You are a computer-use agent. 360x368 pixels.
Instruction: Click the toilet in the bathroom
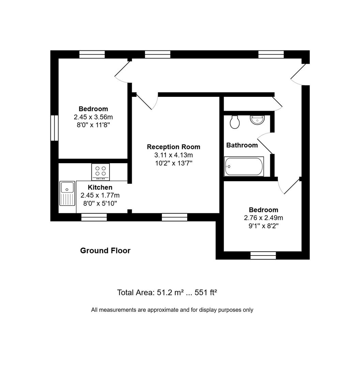point(235,122)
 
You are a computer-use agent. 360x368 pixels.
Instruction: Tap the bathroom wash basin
point(257,120)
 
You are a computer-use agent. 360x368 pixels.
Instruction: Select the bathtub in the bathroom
point(244,167)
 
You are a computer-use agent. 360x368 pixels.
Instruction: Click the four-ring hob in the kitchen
point(101,171)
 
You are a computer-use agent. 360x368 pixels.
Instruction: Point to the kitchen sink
point(67,193)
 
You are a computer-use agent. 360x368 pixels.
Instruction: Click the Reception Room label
point(174,147)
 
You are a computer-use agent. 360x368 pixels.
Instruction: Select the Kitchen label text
point(100,187)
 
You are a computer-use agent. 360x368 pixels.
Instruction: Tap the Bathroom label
point(242,145)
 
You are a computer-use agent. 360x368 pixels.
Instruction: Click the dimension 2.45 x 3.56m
point(93,117)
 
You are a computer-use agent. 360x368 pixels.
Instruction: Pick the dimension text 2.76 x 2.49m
point(263,218)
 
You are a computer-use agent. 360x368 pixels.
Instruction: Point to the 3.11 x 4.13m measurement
point(174,155)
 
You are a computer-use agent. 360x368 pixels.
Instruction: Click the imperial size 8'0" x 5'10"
point(100,203)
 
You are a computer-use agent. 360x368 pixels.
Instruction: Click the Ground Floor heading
point(105,251)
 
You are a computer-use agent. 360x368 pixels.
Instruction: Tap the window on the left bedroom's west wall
point(54,128)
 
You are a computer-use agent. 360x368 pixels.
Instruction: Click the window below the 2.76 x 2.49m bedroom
point(263,255)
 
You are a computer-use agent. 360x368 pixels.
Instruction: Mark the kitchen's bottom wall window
point(94,217)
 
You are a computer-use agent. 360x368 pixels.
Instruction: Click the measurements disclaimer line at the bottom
point(172,310)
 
